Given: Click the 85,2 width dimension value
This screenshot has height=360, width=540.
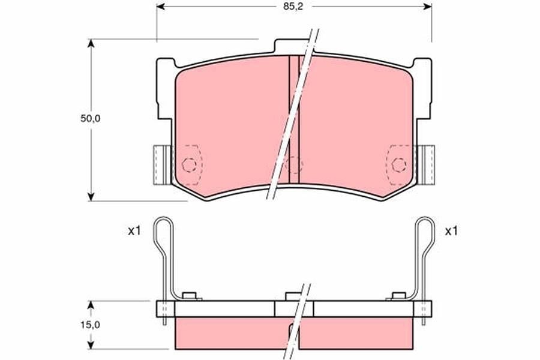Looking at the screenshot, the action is (x=293, y=7).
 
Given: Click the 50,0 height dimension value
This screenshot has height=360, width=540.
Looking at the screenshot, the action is (x=90, y=119).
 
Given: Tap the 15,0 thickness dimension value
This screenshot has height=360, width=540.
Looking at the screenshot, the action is (x=90, y=325).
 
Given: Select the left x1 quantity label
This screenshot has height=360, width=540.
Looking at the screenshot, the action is (x=134, y=231).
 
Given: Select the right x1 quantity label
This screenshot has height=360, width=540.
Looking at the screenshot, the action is (x=451, y=231).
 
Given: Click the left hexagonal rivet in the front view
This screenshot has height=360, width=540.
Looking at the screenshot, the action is (x=189, y=165).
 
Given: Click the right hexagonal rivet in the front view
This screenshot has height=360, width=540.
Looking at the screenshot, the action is (x=399, y=165).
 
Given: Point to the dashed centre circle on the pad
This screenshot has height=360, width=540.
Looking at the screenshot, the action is (x=294, y=164).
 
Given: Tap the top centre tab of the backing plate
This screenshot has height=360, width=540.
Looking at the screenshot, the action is (x=293, y=46).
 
